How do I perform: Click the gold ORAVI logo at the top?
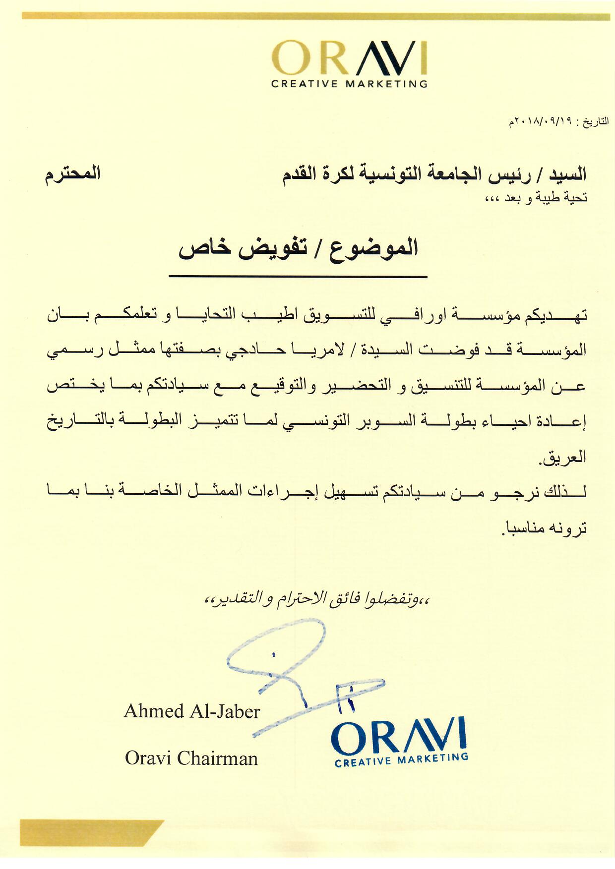(x=349, y=58)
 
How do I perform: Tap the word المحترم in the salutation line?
(x=73, y=174)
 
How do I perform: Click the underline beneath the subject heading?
(x=298, y=276)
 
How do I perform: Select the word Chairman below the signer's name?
(x=217, y=758)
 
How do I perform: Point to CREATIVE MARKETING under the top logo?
(x=349, y=84)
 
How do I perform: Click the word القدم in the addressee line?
(x=304, y=174)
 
